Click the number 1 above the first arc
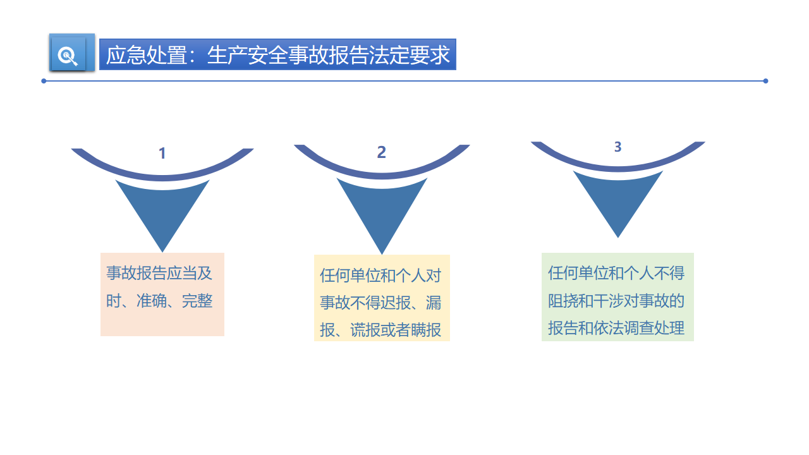pyautogui.click(x=162, y=153)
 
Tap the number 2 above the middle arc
pyautogui.click(x=381, y=152)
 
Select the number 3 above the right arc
pyautogui.click(x=617, y=147)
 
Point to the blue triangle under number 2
pyautogui.click(x=382, y=211)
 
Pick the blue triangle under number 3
pyautogui.click(x=618, y=200)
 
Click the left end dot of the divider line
pyautogui.click(x=44, y=81)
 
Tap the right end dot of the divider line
pyautogui.click(x=765, y=81)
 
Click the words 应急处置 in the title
pyautogui.click(x=147, y=55)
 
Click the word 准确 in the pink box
pyautogui.click(x=151, y=301)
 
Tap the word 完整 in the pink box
pyautogui.click(x=197, y=301)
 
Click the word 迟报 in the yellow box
pyautogui.click(x=396, y=303)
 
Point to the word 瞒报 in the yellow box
pyautogui.click(x=426, y=330)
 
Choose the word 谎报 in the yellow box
pyautogui.click(x=365, y=330)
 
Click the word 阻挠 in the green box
pyautogui.click(x=563, y=301)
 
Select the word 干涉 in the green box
pyautogui.click(x=609, y=301)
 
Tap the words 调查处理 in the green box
pyautogui.click(x=654, y=328)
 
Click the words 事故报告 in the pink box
pyautogui.click(x=136, y=273)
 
